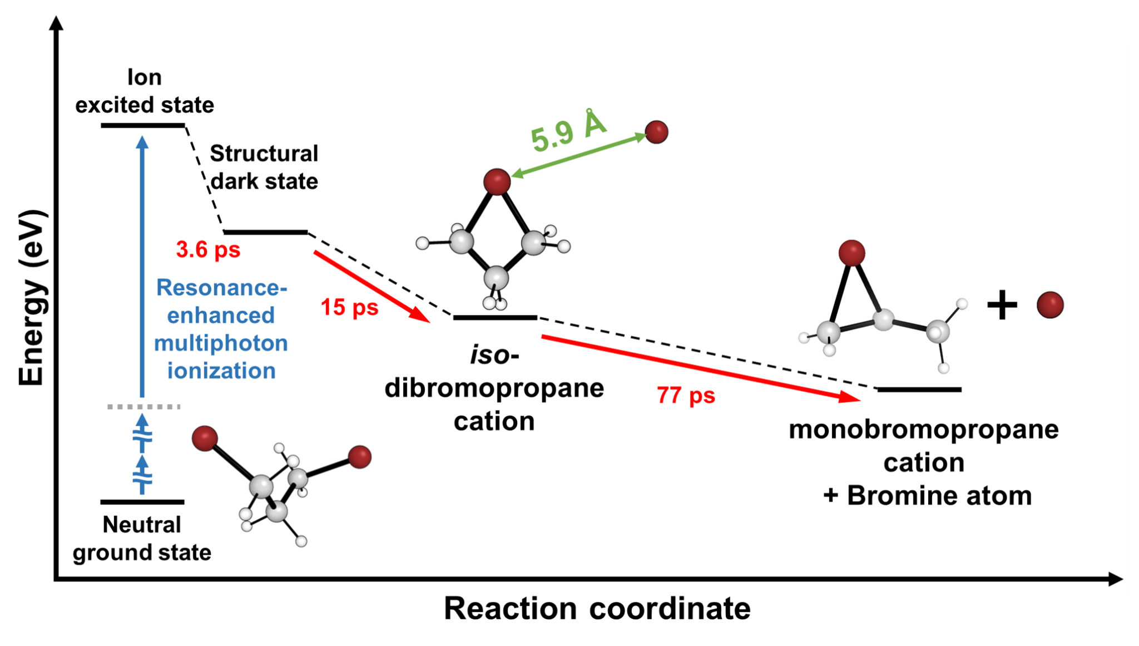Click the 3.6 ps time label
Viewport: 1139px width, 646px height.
pos(208,250)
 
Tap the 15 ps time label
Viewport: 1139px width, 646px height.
pos(349,307)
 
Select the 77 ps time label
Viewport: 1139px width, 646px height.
pos(685,396)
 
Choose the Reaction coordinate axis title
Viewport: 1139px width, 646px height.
pos(597,608)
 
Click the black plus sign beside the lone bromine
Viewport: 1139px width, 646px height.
pos(1002,305)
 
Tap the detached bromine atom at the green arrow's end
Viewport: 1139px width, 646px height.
pos(656,132)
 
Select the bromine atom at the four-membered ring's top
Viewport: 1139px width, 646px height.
pos(497,181)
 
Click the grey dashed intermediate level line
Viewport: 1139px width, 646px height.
pos(143,407)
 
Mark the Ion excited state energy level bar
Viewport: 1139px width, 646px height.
pos(143,126)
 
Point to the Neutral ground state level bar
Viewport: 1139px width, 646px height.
pos(142,502)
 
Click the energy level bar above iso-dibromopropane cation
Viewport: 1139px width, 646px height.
pos(495,318)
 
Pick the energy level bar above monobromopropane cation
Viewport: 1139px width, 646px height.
pos(919,389)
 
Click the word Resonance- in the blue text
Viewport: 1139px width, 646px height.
pos(221,288)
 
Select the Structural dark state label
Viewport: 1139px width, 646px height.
pos(264,167)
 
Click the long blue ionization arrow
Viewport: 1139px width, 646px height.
pos(142,267)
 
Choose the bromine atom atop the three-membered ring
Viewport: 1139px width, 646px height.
pos(851,253)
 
